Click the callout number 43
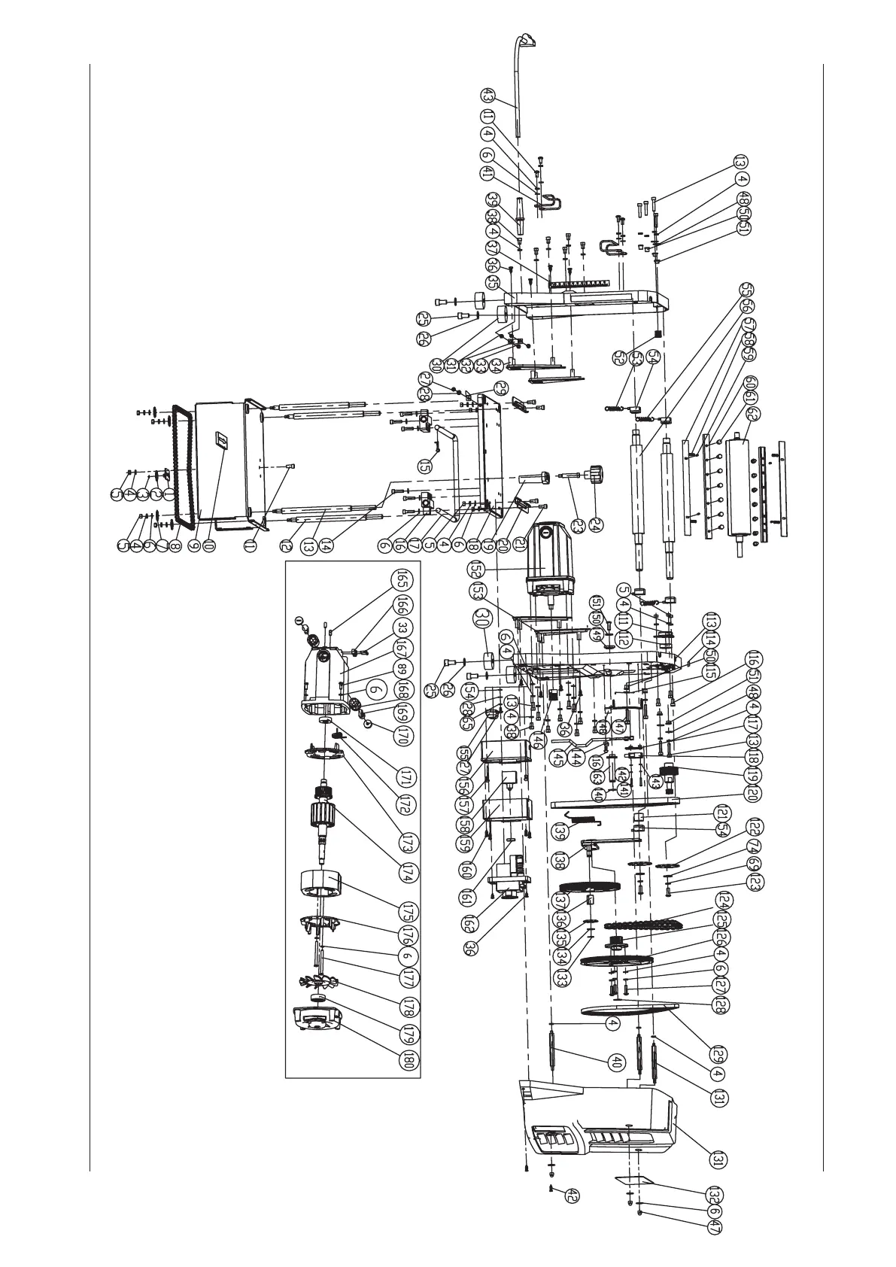[487, 96]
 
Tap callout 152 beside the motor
[475, 569]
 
